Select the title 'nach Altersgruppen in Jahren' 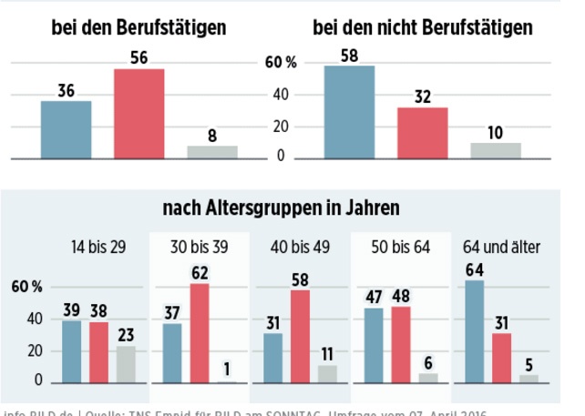point(281,209)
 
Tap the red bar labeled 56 point(139,114)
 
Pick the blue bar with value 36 point(66,129)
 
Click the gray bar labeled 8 point(212,152)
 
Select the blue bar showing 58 point(350,112)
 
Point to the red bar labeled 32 point(423,133)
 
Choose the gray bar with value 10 point(496,150)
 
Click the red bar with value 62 point(200,333)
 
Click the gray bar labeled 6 point(428,377)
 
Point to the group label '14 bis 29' point(98,246)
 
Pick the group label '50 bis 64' point(401,246)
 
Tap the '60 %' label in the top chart point(281,64)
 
